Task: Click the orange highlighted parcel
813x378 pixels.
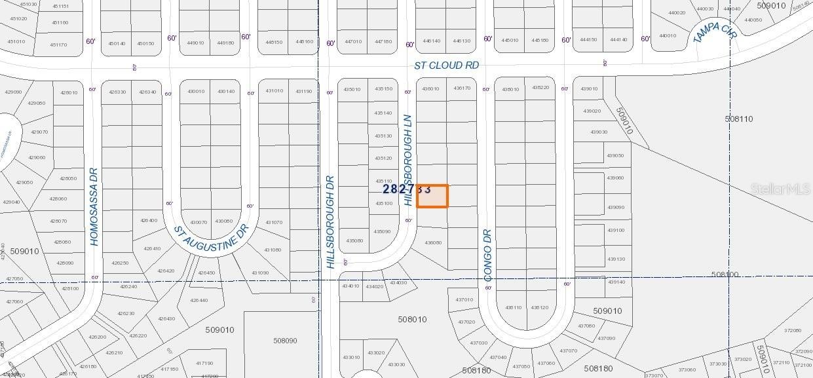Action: (432, 196)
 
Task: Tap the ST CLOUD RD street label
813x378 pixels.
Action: (446, 66)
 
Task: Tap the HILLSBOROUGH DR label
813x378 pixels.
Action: (330, 221)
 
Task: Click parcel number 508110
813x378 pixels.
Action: (739, 119)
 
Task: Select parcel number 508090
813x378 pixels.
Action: (285, 341)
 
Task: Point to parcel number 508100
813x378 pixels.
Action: (725, 274)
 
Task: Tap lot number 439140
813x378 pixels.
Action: (616, 282)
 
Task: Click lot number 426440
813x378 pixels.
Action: (199, 300)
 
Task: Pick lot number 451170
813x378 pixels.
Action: (58, 45)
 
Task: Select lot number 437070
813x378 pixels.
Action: (568, 350)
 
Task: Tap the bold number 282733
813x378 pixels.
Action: (406, 189)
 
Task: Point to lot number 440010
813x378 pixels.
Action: (668, 36)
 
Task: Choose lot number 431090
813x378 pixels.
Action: (260, 273)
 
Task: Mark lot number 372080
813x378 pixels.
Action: (793, 330)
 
